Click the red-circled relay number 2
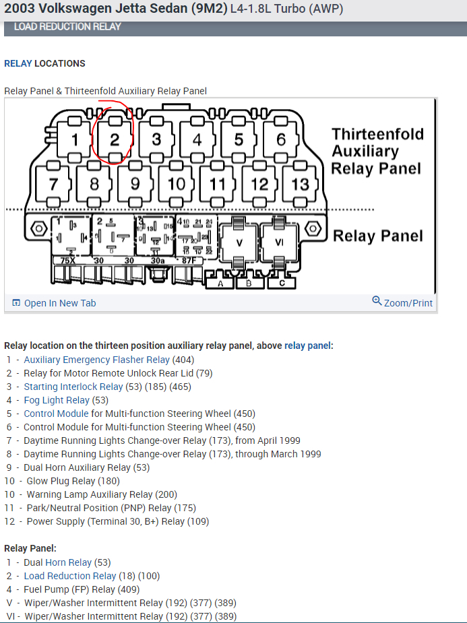click(115, 140)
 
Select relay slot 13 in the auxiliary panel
click(300, 184)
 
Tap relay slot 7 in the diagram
click(53, 184)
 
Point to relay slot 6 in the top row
click(280, 140)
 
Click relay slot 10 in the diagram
click(177, 184)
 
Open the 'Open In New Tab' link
click(59, 303)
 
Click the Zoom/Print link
click(408, 303)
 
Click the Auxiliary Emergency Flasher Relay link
click(96, 360)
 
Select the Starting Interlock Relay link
click(73, 387)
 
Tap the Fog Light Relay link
click(57, 400)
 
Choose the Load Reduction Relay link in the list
click(70, 576)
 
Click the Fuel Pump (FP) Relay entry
click(69, 589)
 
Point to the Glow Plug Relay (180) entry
click(73, 481)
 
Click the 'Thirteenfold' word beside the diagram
click(377, 134)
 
